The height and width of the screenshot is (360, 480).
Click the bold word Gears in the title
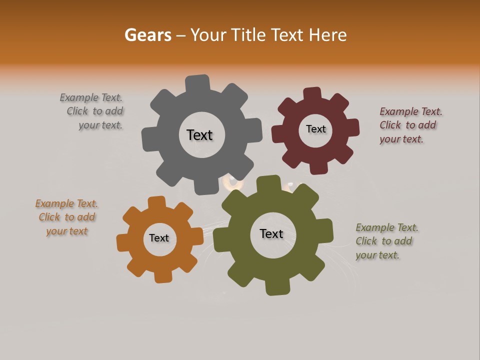(147, 35)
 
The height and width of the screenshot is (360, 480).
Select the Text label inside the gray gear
(199, 135)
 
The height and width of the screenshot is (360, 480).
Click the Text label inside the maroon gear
(315, 129)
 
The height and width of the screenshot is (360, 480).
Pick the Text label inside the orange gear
(159, 238)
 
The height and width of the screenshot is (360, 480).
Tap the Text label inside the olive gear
(271, 233)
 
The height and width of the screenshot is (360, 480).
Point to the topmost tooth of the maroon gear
(312, 93)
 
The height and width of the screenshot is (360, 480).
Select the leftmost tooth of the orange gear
(122, 243)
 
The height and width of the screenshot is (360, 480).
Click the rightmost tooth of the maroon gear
(352, 127)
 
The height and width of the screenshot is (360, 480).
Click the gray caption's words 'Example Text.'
(91, 97)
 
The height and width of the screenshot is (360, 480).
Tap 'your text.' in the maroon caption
(401, 139)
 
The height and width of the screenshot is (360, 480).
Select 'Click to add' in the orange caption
(67, 217)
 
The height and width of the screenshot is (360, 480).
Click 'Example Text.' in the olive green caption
(387, 227)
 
